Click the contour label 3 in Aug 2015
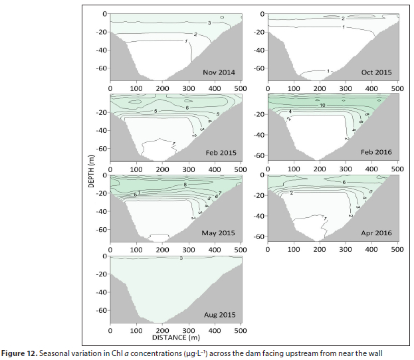[181, 258]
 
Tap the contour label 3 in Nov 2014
[209, 23]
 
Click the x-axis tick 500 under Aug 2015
[241, 329]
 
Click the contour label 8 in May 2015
[185, 183]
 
